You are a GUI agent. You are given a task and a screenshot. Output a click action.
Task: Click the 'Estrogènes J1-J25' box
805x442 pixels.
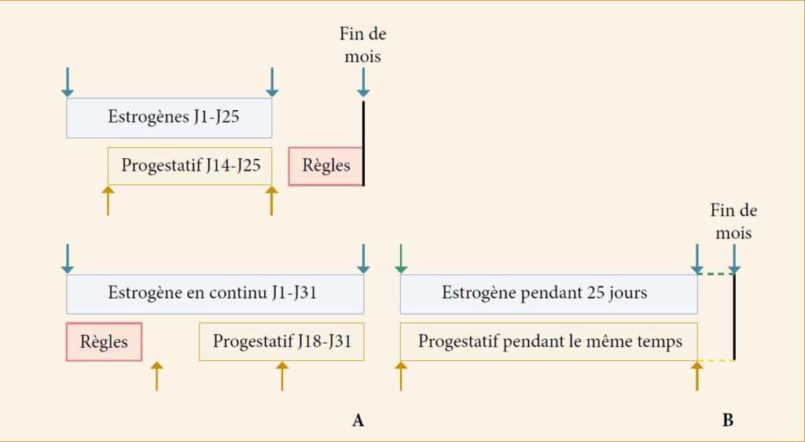[x=169, y=118]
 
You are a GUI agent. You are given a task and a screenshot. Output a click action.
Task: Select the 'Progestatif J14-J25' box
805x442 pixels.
[x=190, y=166]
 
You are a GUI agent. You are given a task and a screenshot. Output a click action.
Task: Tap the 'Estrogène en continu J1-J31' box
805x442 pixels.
[x=215, y=294]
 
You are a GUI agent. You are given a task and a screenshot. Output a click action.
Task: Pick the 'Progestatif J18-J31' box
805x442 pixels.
[x=281, y=342]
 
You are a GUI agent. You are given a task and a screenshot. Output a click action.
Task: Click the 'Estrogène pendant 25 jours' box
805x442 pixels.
[x=549, y=294]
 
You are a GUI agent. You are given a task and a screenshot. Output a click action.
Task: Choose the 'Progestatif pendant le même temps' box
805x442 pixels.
[x=549, y=342]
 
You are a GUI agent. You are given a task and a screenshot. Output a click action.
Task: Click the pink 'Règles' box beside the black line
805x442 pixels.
[x=326, y=166]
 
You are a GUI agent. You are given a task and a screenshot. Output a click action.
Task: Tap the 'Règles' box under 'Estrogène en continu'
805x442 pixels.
[x=105, y=342]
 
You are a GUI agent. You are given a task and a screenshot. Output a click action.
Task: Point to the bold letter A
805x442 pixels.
[x=358, y=421]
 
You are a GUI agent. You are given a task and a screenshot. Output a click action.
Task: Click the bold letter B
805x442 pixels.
[x=728, y=421]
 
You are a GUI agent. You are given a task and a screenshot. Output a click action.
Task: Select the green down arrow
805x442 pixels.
[x=400, y=260]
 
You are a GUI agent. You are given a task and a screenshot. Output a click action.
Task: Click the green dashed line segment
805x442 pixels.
[x=715, y=274]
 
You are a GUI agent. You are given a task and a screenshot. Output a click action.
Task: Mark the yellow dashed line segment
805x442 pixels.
[x=716, y=360]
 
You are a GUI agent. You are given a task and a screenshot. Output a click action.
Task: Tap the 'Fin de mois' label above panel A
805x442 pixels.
[x=363, y=45]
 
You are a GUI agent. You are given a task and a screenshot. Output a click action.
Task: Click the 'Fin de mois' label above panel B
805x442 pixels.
[x=733, y=222]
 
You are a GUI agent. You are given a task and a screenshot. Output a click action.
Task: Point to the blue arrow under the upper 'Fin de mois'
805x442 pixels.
[x=363, y=83]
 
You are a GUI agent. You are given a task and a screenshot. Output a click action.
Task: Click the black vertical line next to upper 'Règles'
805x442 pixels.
[x=363, y=143]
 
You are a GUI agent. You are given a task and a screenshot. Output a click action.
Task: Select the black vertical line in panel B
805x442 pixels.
[x=735, y=317]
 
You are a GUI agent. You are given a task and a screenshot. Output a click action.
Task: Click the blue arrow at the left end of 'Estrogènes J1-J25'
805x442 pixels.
[x=68, y=83]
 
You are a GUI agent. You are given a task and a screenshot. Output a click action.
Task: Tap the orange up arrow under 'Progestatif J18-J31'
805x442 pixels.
[x=282, y=376]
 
